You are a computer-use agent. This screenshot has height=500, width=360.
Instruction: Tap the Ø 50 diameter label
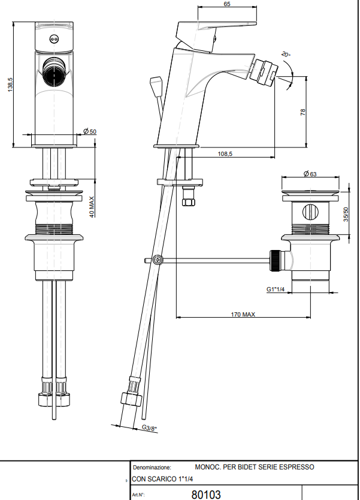click(90, 131)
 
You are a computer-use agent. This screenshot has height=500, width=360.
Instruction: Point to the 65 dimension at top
click(227, 4)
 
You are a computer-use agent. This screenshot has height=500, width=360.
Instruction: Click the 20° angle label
click(286, 54)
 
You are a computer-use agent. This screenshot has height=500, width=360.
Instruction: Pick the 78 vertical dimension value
click(303, 112)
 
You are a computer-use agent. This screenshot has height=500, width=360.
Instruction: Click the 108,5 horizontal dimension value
click(225, 154)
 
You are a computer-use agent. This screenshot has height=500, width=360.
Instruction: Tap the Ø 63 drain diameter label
click(310, 174)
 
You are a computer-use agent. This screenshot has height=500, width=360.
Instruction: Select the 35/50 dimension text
click(346, 214)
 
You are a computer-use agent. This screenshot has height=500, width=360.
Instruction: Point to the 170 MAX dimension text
click(243, 314)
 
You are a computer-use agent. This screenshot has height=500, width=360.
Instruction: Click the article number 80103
click(206, 495)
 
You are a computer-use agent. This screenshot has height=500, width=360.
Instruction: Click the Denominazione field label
click(152, 467)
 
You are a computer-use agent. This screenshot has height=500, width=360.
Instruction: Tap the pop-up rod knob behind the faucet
click(156, 83)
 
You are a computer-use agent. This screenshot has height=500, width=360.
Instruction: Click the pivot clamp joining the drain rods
click(158, 260)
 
